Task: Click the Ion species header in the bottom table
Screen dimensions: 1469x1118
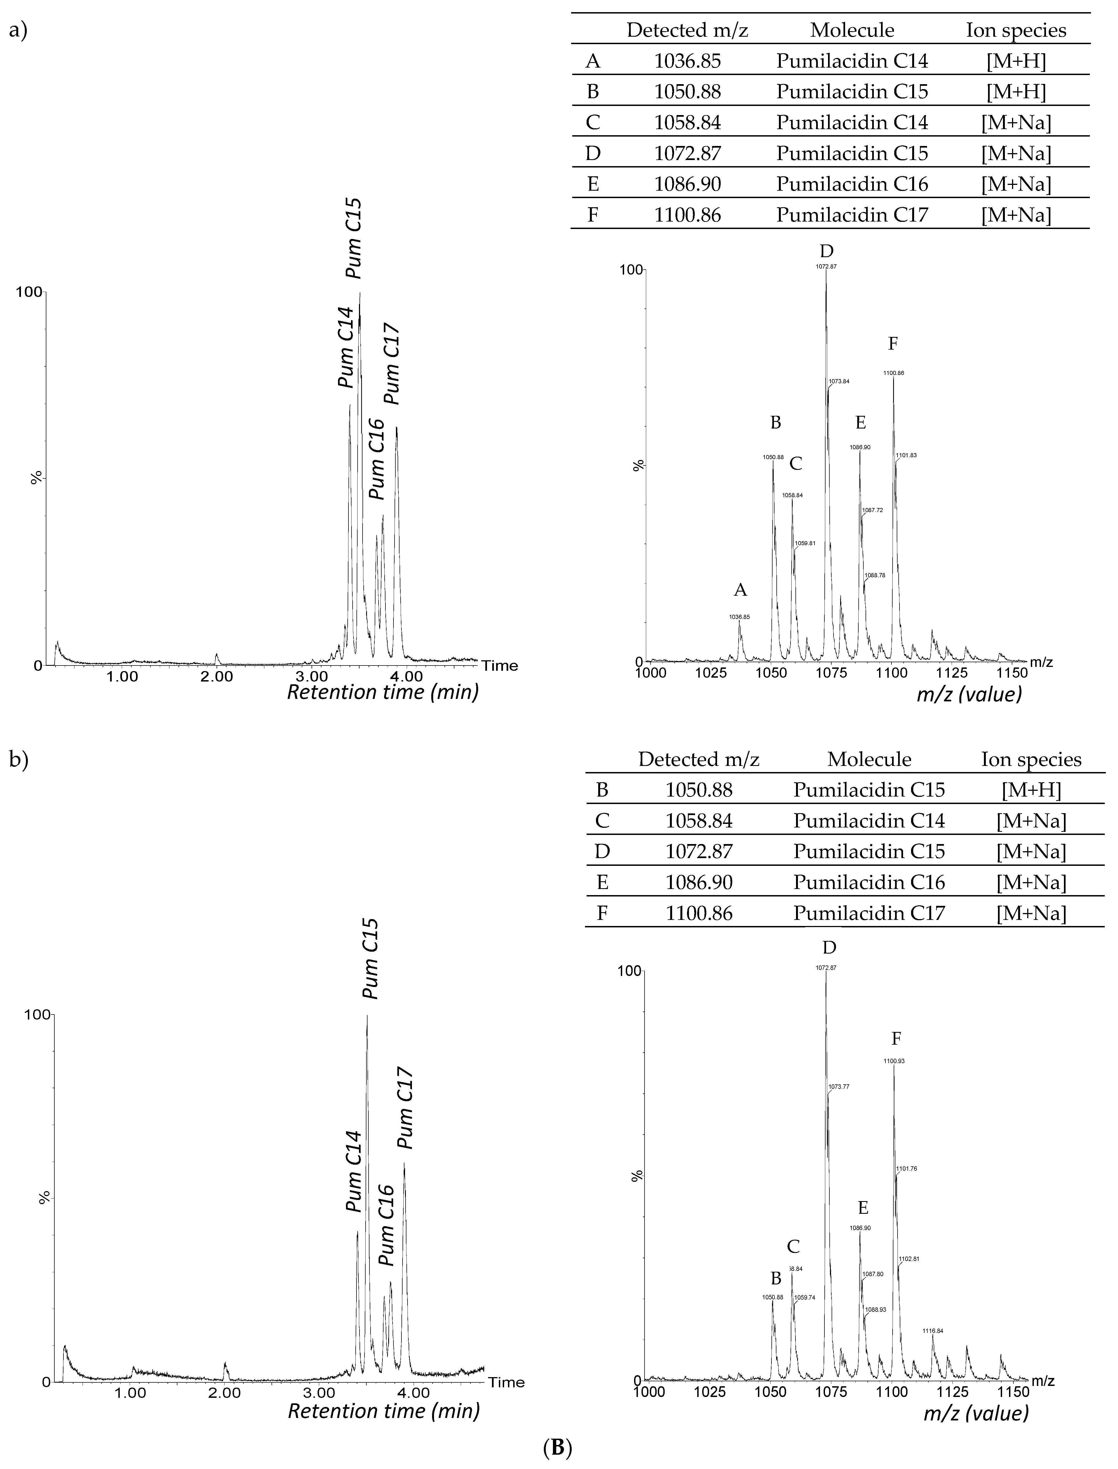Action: (1031, 760)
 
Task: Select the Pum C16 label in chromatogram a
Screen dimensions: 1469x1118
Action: (377, 459)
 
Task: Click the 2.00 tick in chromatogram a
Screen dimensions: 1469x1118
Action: (217, 677)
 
